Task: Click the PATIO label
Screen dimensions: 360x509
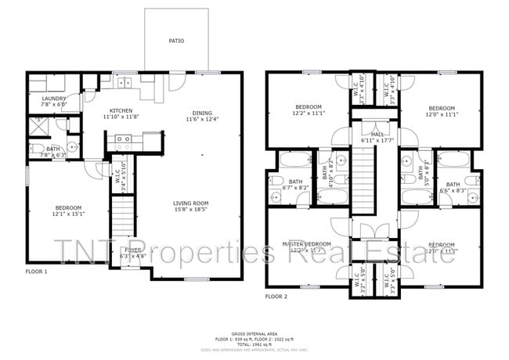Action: tap(176, 41)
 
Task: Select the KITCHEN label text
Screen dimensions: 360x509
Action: tap(121, 110)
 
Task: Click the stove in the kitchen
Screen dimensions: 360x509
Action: tap(123, 142)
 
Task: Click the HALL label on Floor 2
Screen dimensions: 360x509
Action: tap(377, 134)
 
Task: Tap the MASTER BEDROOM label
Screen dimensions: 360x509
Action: tap(306, 243)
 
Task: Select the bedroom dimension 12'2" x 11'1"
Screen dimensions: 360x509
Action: tap(308, 113)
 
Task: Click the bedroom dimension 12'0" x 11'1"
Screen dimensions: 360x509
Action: tap(430, 113)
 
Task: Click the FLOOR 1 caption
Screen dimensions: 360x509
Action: tap(36, 272)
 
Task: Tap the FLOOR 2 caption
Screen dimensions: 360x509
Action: tap(276, 297)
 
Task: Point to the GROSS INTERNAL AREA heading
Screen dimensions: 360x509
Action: tap(254, 333)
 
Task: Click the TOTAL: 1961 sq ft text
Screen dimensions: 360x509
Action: tap(254, 344)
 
